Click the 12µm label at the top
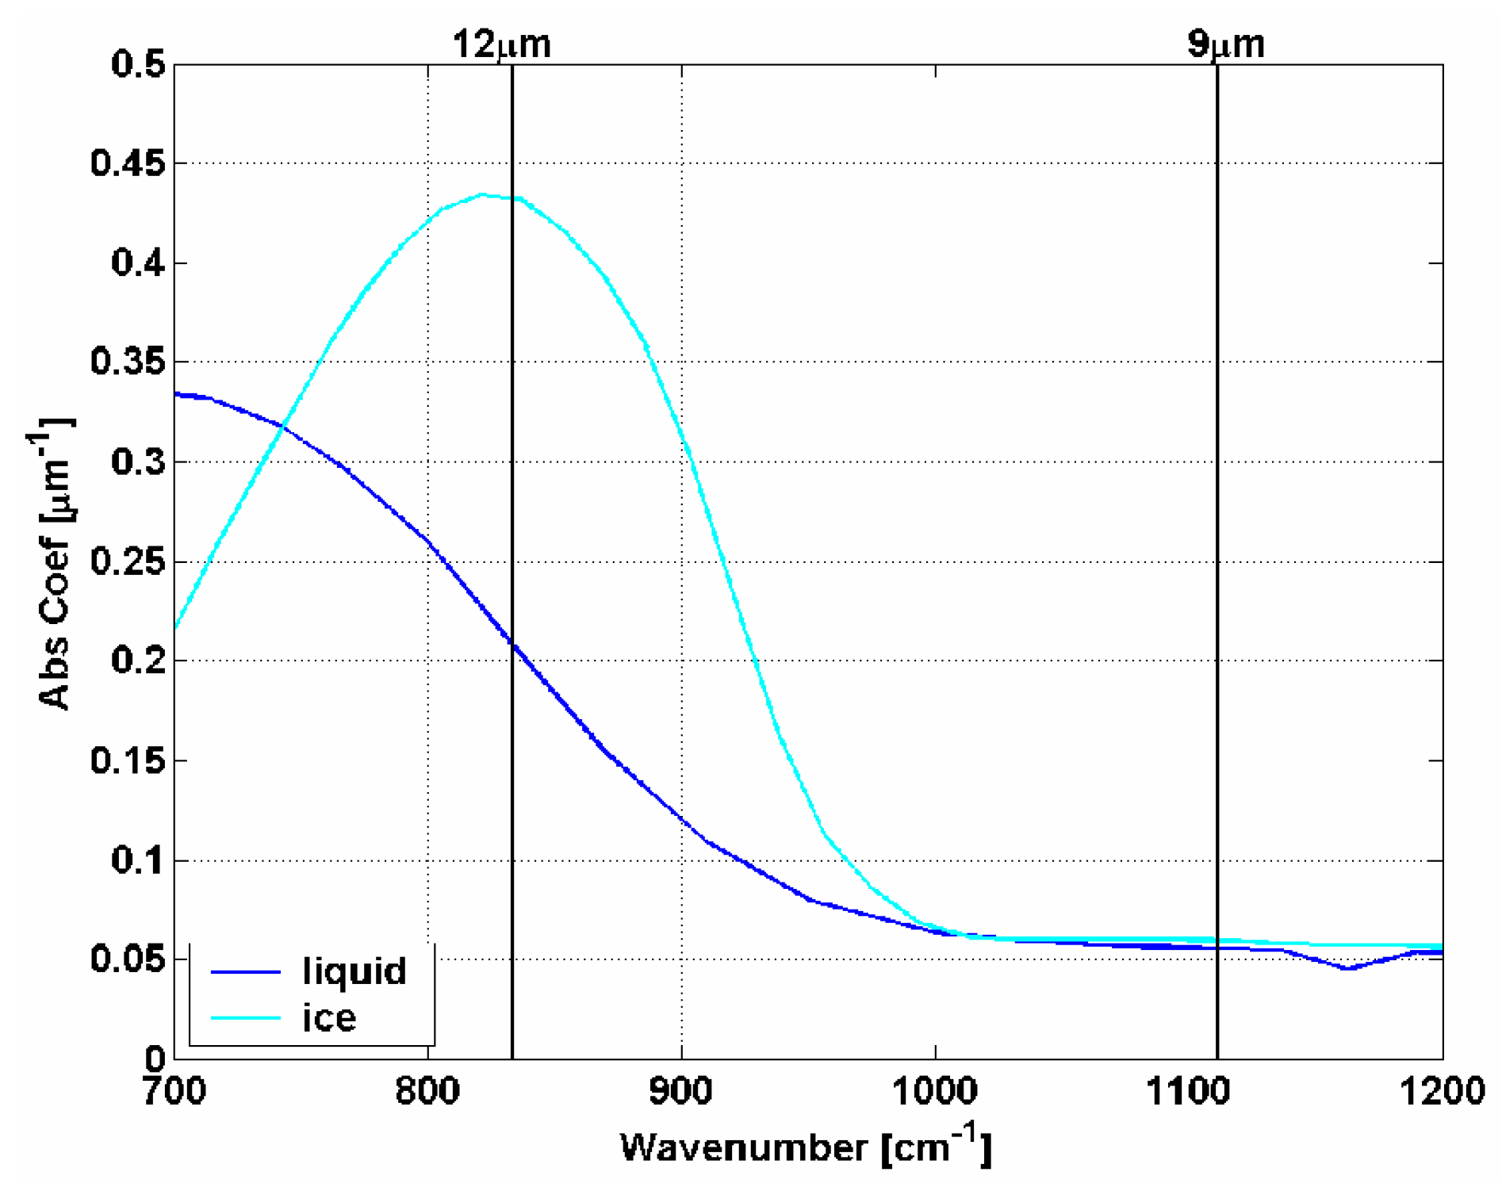pos(501,44)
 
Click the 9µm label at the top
pos(1225,44)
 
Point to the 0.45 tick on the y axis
pos(127,163)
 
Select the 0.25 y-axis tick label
pos(127,561)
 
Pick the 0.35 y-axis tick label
pos(127,362)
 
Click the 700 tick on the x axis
pos(174,1091)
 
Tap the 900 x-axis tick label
pos(681,1091)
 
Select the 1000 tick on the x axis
pos(935,1091)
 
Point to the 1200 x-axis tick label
pos(1442,1091)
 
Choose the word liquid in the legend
pos(354,971)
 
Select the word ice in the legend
pos(329,1018)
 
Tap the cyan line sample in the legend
pos(246,1018)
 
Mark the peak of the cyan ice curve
pos(484,194)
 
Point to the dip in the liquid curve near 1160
pos(1347,968)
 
